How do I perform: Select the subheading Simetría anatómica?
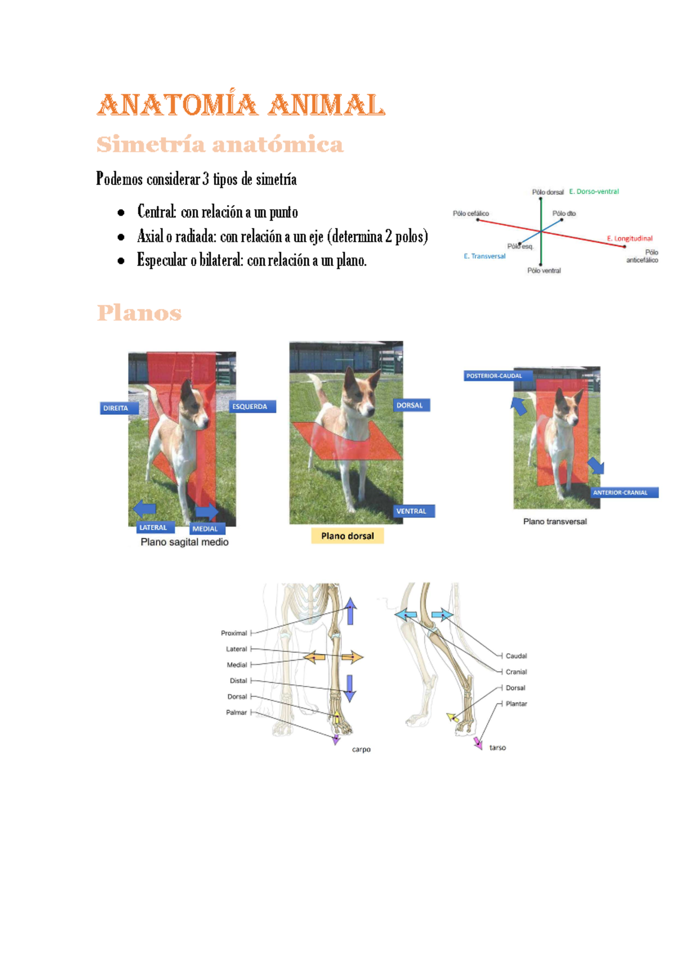(220, 144)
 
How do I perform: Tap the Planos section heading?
(139, 313)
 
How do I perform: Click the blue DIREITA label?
(119, 408)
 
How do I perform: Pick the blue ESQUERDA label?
(252, 406)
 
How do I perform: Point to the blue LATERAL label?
(155, 528)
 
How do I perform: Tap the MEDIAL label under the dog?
(207, 529)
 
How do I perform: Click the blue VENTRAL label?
(413, 511)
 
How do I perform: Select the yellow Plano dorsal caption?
(347, 536)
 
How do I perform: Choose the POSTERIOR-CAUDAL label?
(498, 375)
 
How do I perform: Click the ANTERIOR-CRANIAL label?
(624, 493)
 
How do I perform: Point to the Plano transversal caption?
(555, 521)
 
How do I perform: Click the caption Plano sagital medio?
(185, 542)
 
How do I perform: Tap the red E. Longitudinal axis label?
(629, 238)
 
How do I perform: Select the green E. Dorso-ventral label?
(594, 192)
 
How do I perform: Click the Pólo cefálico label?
(471, 214)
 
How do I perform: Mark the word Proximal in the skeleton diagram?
(234, 633)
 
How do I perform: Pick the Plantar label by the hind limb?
(516, 703)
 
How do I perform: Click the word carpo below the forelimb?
(361, 750)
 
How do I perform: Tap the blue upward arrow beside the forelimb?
(350, 610)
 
